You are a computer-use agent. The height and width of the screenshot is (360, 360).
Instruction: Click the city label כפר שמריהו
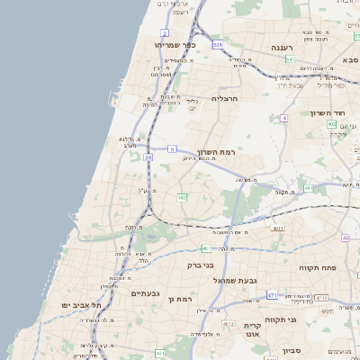coord(175,44)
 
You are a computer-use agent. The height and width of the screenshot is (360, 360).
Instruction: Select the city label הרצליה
coord(227,97)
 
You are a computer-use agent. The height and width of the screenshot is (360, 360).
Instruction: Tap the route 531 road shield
coord(218,43)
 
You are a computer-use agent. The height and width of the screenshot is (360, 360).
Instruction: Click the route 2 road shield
coord(165,32)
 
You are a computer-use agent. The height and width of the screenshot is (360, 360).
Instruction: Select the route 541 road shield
coord(290,58)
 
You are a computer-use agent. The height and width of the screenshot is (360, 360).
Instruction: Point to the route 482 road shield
coord(182,197)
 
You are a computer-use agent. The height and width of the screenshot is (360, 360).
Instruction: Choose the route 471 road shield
coord(272,294)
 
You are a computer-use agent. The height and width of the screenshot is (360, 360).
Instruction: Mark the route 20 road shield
coord(148,157)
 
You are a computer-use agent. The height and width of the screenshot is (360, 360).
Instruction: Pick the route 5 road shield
coord(171,148)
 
